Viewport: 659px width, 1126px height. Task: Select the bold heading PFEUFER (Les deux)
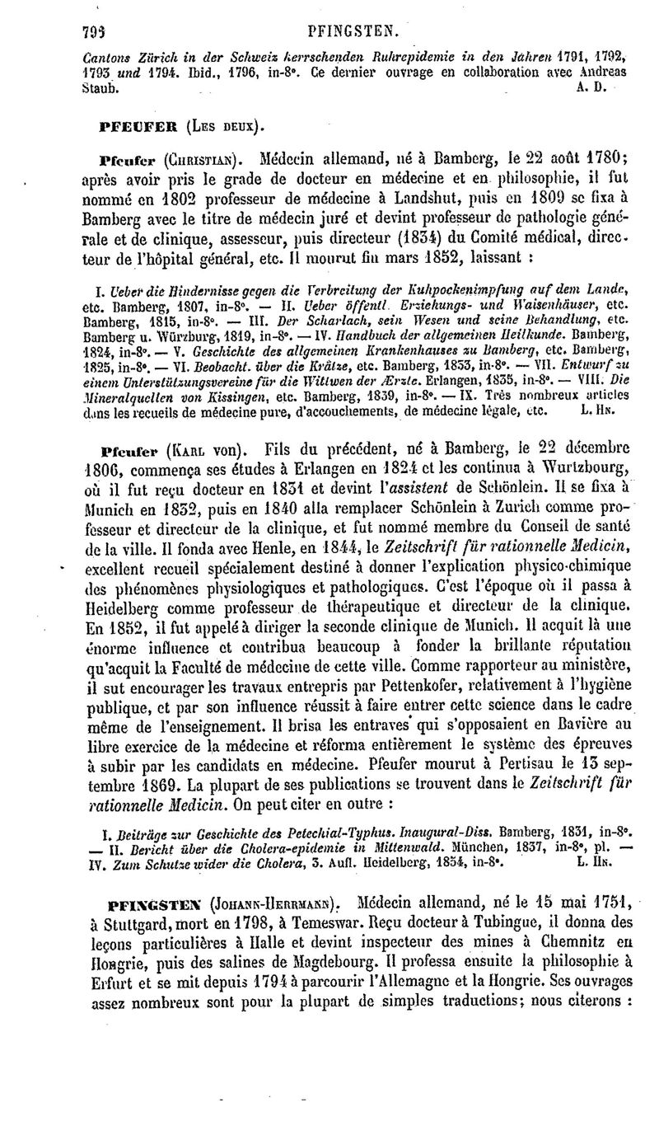[178, 127]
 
